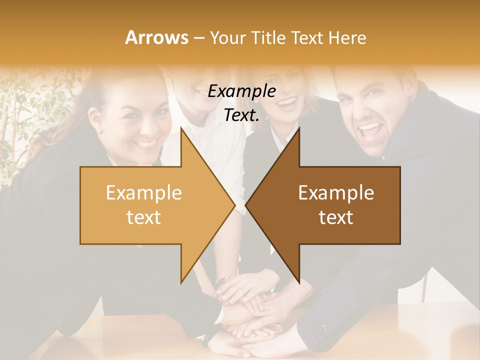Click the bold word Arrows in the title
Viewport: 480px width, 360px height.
[x=156, y=37]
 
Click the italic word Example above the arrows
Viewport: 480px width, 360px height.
[x=241, y=91]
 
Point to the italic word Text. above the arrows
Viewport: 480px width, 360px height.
[x=241, y=115]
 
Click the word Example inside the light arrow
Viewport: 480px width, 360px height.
[x=144, y=193]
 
